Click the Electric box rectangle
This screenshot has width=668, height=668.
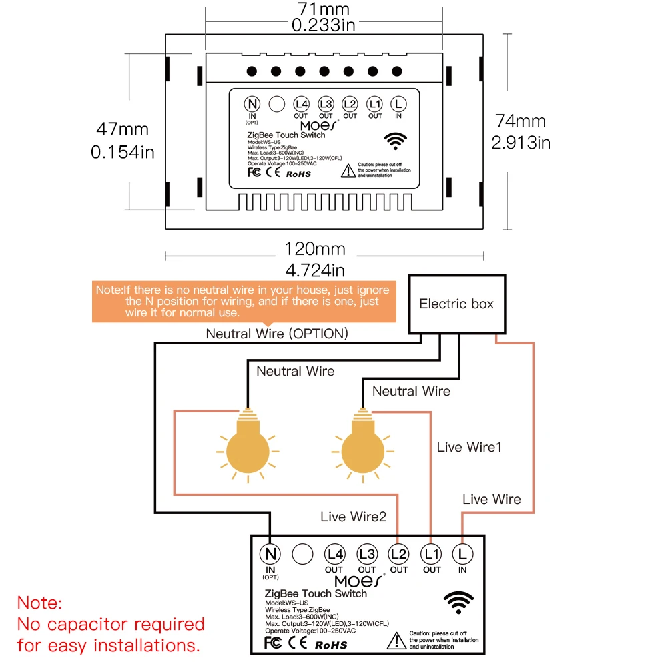(x=457, y=304)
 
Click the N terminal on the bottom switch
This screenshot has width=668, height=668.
(x=270, y=553)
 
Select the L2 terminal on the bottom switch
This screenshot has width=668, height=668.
(x=398, y=553)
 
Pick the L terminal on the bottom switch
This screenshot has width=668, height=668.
(x=462, y=553)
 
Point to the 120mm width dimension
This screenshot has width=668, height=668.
(x=315, y=250)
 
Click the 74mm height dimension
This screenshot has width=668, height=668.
(x=521, y=121)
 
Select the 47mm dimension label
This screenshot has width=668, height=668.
(x=122, y=129)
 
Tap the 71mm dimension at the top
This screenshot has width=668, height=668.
(x=324, y=10)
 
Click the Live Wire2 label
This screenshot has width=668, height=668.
(x=353, y=517)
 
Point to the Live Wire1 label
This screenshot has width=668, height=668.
(x=468, y=447)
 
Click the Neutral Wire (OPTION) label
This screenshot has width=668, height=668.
(x=276, y=334)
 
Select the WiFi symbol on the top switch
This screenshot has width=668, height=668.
(x=398, y=141)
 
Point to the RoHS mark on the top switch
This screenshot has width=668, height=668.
(x=298, y=173)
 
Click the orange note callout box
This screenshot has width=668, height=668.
(x=242, y=301)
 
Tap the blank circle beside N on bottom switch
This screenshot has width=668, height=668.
(x=302, y=553)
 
